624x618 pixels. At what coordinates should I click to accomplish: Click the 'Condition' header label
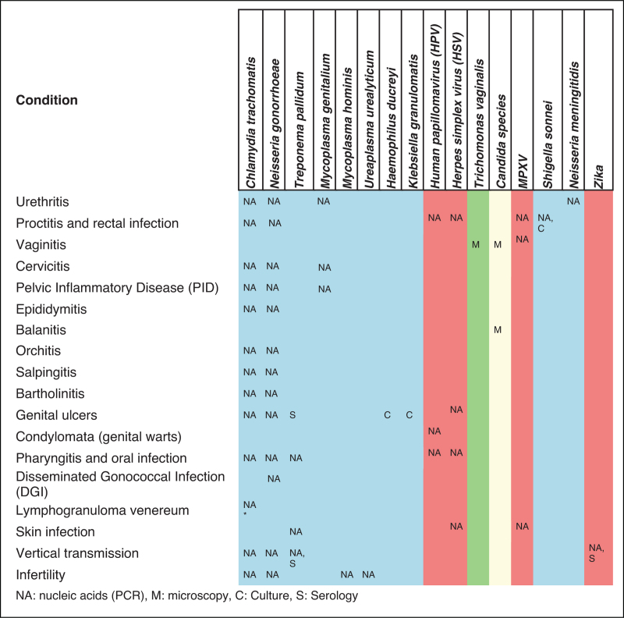click(47, 100)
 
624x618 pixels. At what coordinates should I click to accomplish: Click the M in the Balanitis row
click(498, 330)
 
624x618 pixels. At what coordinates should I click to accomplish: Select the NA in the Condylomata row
click(434, 431)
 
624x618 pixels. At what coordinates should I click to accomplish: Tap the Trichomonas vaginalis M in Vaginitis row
click(475, 245)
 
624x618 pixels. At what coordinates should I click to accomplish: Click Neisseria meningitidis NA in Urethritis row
click(573, 202)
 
